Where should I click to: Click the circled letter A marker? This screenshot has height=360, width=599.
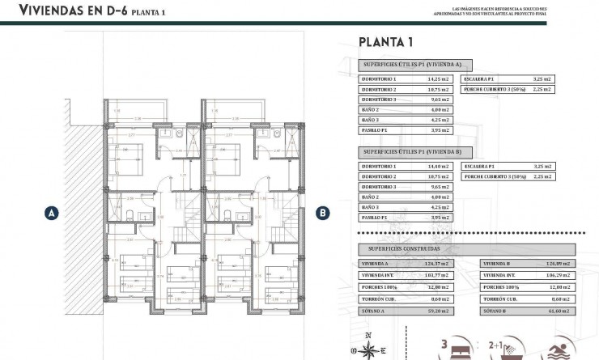(x=51, y=214)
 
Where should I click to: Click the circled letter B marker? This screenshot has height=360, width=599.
(x=323, y=214)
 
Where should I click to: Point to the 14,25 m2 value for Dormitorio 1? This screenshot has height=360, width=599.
(x=440, y=79)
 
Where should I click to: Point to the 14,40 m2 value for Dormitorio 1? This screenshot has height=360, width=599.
(x=440, y=166)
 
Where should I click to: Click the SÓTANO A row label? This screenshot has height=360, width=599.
(x=377, y=310)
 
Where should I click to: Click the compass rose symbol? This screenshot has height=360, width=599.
(x=368, y=349)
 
